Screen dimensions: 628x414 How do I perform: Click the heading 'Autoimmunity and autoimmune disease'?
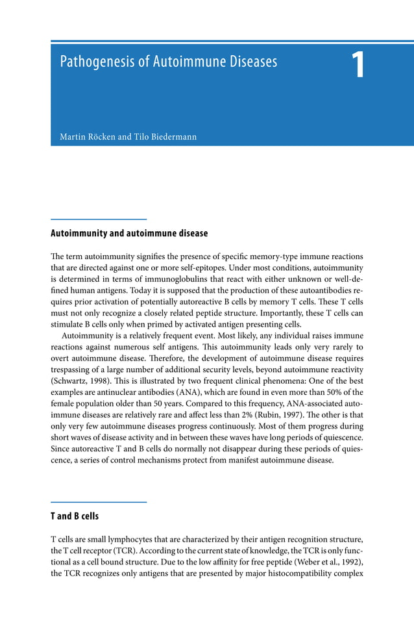[129, 233]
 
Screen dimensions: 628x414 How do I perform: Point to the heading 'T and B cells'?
[75, 516]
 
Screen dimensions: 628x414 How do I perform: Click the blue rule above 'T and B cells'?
[99, 502]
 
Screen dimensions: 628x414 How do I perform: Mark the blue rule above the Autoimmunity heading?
[99, 219]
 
